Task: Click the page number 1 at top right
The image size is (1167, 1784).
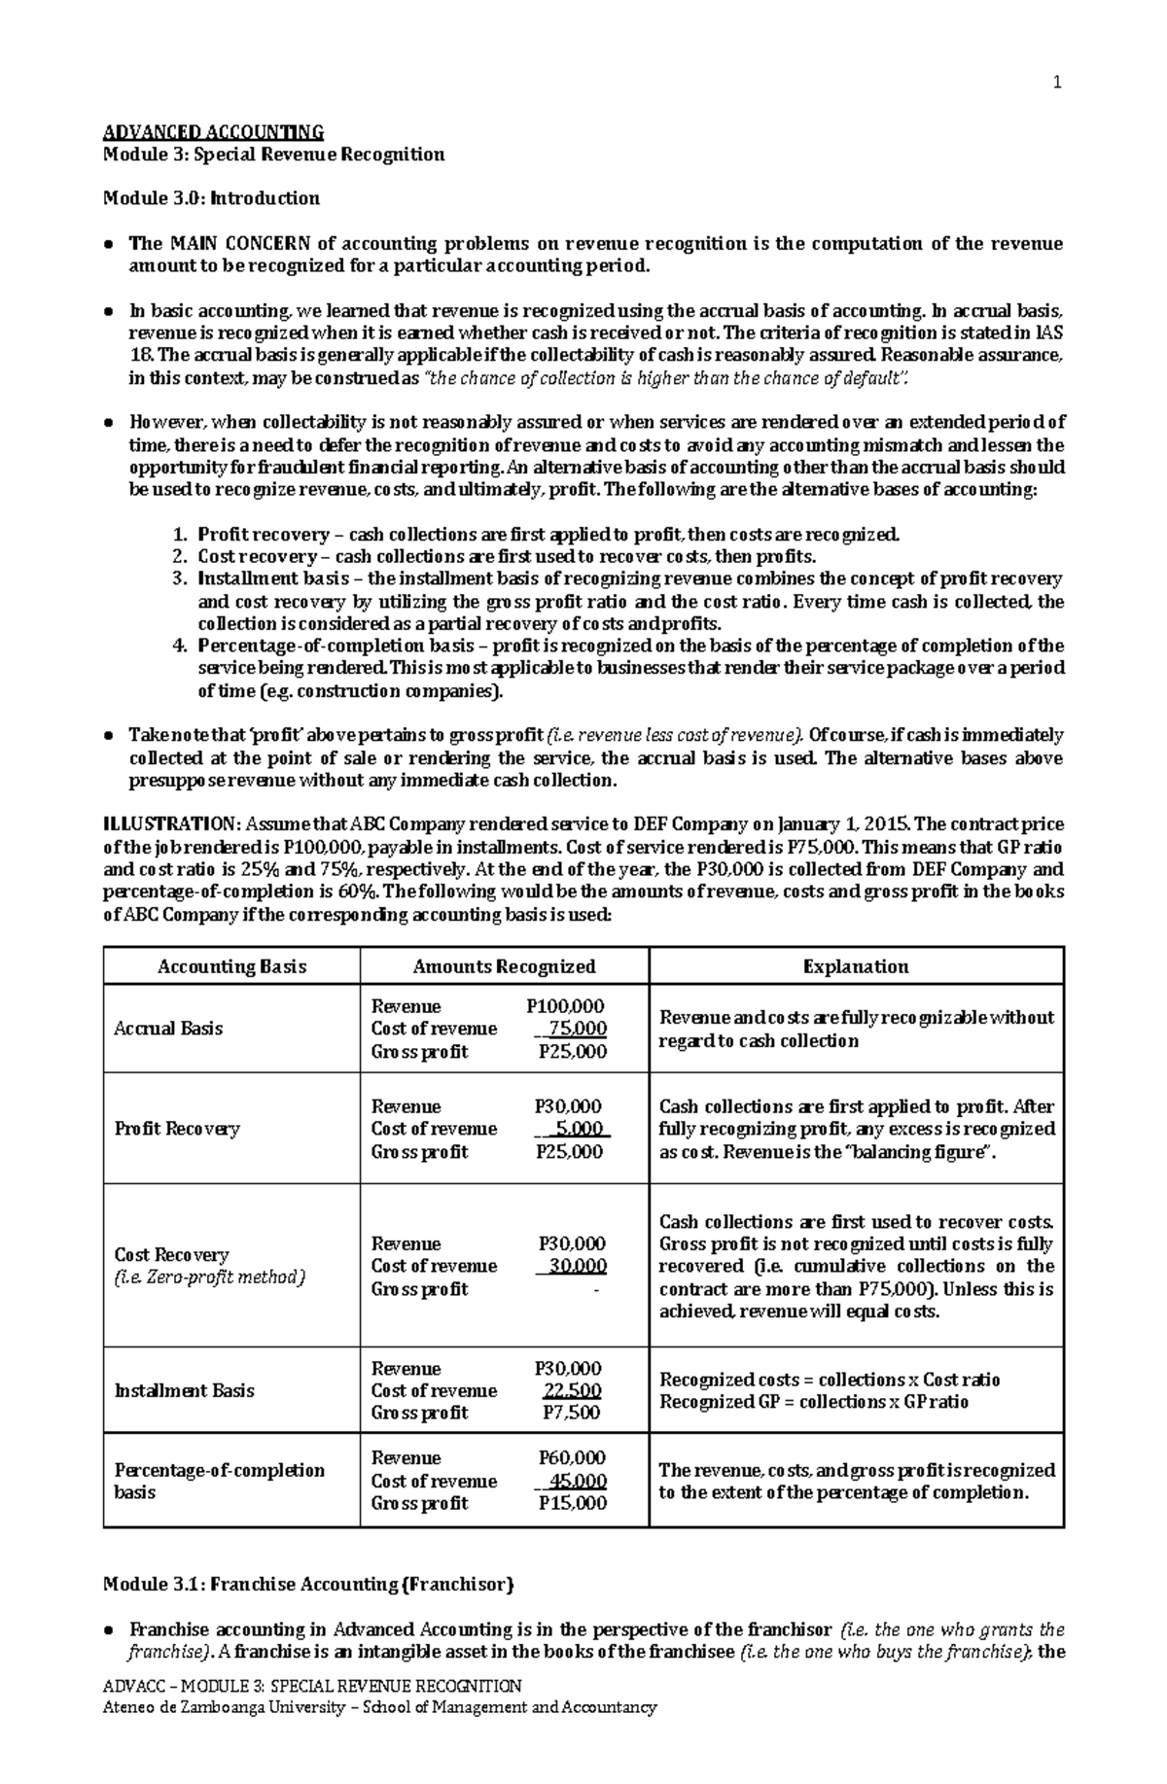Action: point(1058,83)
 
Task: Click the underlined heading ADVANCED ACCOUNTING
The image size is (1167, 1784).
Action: point(213,132)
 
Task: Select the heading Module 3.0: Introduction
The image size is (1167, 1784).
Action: point(211,198)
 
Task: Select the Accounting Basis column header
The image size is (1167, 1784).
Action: point(231,966)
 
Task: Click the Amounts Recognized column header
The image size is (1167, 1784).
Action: point(504,966)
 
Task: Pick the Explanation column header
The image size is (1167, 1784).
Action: point(856,966)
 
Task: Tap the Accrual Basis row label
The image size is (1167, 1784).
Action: point(168,1029)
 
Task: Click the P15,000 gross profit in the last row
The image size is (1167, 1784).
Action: point(573,1503)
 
